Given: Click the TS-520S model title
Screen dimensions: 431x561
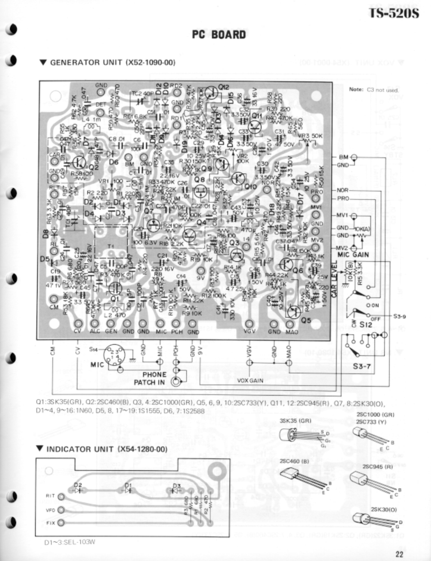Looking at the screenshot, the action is point(394,13).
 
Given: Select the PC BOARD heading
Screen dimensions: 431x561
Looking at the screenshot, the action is point(219,35).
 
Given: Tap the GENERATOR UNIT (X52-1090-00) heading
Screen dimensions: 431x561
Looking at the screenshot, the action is point(108,63).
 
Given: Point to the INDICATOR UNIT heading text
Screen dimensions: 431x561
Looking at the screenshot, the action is point(103,449).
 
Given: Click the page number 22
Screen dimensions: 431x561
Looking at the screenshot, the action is point(399,554).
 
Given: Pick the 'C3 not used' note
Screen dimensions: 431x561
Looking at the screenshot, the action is point(373,90).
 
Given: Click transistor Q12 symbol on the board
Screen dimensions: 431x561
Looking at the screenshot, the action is point(211,92).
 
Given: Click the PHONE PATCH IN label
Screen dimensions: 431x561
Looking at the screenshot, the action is point(150,378).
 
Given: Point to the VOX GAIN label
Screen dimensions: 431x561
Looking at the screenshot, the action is point(250,381).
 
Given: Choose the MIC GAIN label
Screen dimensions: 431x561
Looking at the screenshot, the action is point(353,255).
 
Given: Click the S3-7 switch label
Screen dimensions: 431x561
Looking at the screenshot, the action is point(362,366).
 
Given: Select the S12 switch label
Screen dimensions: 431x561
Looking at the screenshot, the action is point(365,325).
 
